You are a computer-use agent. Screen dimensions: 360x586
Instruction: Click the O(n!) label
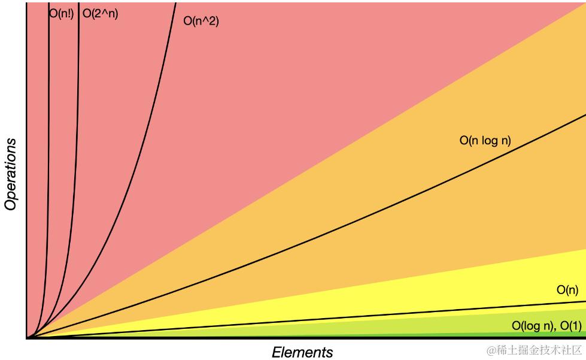(x=61, y=14)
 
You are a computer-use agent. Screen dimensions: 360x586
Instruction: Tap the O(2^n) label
(x=101, y=14)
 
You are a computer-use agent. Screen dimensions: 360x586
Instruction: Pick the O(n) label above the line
(x=567, y=290)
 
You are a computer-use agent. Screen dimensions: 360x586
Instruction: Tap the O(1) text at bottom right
(x=570, y=326)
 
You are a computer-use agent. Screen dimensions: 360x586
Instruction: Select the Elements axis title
(x=302, y=352)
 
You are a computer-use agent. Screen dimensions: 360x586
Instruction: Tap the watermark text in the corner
(x=534, y=350)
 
